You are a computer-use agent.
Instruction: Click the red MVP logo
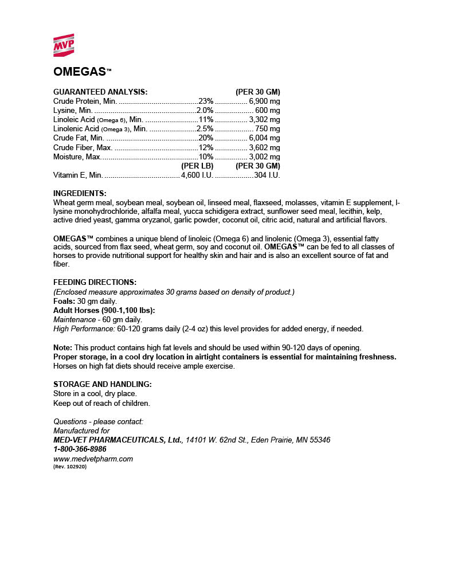click(64, 45)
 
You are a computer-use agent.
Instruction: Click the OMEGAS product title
click(80, 72)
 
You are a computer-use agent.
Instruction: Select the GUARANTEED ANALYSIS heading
click(100, 92)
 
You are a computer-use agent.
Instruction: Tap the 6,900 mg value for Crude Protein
click(264, 101)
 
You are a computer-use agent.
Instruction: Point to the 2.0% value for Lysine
click(205, 110)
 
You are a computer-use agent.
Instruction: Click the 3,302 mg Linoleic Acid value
click(264, 119)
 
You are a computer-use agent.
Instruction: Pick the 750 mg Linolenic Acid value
click(268, 128)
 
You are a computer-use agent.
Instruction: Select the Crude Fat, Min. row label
click(79, 138)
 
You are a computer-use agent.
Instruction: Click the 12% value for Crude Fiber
click(206, 147)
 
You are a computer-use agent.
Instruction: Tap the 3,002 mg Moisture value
click(264, 156)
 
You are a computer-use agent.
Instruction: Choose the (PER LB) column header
click(197, 166)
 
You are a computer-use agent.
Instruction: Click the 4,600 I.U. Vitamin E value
click(197, 175)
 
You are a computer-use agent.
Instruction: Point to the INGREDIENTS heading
click(80, 193)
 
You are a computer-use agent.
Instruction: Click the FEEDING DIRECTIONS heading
click(95, 282)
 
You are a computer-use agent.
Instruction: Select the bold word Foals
click(63, 301)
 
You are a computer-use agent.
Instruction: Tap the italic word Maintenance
click(74, 319)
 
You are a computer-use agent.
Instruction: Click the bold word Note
click(62, 347)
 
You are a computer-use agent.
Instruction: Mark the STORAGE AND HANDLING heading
click(102, 384)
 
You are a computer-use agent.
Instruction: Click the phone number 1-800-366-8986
click(80, 449)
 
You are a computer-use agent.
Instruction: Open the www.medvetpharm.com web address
click(93, 459)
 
